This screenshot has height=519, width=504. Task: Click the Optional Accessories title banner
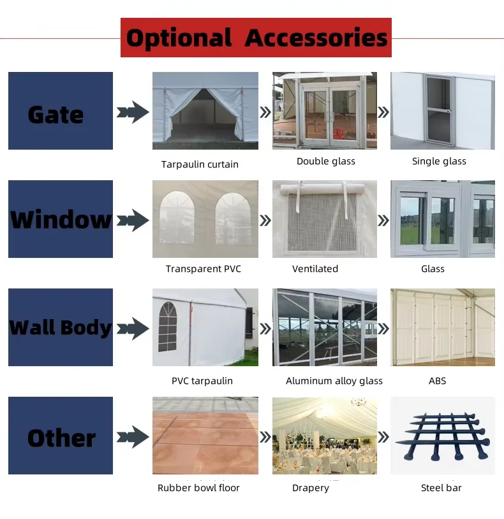pos(256,38)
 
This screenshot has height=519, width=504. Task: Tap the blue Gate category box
pos(61,111)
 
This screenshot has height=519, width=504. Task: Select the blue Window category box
pos(61,219)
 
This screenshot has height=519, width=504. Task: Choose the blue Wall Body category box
pos(61,327)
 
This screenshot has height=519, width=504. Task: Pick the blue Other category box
pos(61,436)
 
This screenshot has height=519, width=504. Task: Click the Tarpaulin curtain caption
pos(200,164)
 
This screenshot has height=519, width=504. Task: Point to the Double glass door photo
pos(325,111)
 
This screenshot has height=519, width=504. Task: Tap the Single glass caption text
pos(439,161)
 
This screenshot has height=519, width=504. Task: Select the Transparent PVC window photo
pos(205,219)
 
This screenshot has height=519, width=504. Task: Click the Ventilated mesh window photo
pos(325,219)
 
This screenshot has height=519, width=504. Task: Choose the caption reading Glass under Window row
pos(433,269)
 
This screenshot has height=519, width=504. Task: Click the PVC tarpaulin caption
pos(202,381)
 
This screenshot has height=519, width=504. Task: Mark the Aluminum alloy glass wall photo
pos(325,327)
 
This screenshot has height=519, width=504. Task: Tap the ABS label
pos(438,381)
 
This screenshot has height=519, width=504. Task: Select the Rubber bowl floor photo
pos(205,436)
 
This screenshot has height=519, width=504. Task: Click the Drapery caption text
pos(311,488)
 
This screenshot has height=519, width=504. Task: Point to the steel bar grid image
pos(443,436)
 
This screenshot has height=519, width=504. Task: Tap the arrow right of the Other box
pos(133,437)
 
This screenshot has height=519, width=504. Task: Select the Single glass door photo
pos(443,111)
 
